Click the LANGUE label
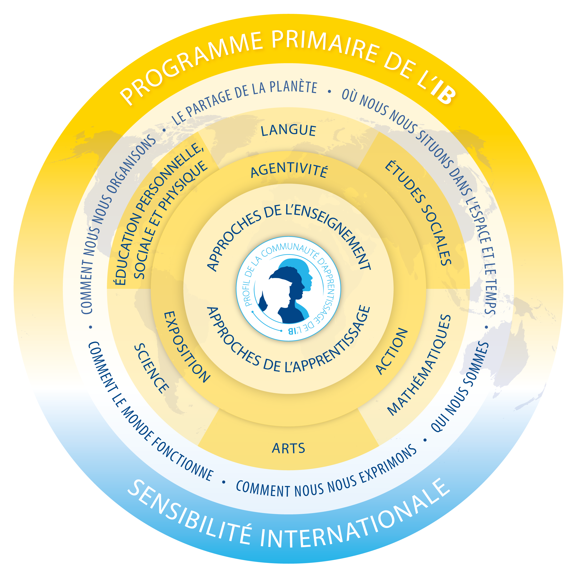tap(288, 131)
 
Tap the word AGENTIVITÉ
tap(289, 171)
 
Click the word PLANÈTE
tap(293, 87)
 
